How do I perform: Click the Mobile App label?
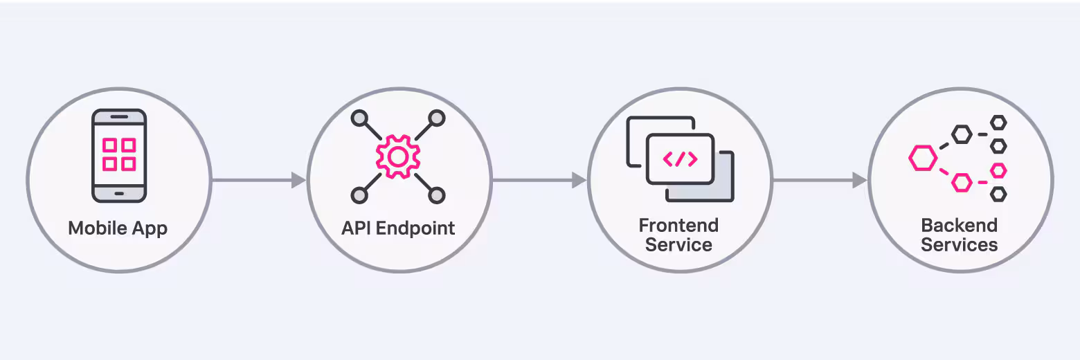pyautogui.click(x=118, y=228)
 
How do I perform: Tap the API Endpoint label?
pyautogui.click(x=398, y=228)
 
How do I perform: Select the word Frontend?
pyautogui.click(x=678, y=225)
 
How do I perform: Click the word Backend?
pyautogui.click(x=959, y=225)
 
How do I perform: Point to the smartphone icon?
pyautogui.click(x=119, y=155)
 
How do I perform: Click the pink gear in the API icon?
pyautogui.click(x=397, y=157)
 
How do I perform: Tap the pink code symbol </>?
pyautogui.click(x=680, y=159)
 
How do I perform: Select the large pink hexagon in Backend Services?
pyautogui.click(x=923, y=159)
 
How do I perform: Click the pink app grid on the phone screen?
pyautogui.click(x=119, y=154)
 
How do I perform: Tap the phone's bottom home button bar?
pyautogui.click(x=119, y=193)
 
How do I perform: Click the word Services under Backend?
pyautogui.click(x=959, y=245)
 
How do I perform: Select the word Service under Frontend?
pyautogui.click(x=678, y=245)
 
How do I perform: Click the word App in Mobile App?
pyautogui.click(x=150, y=228)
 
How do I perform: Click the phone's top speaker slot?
pyautogui.click(x=119, y=116)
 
